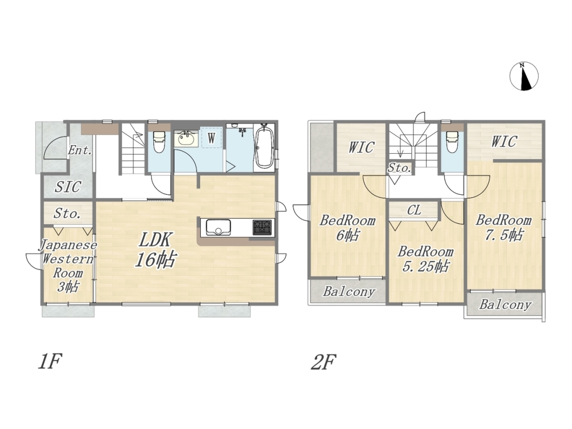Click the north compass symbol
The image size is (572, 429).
pyautogui.click(x=524, y=76)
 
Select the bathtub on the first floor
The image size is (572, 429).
pyautogui.click(x=263, y=146)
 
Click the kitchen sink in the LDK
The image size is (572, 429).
pyautogui.click(x=218, y=228)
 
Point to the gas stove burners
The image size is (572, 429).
pyautogui.click(x=262, y=227)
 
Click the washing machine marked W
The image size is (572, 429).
pyautogui.click(x=211, y=138)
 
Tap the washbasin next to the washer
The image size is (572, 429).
pyautogui.click(x=186, y=138)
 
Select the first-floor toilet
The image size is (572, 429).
pyautogui.click(x=159, y=141)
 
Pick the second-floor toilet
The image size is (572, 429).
pyautogui.click(x=452, y=141)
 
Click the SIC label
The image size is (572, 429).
pyautogui.click(x=68, y=187)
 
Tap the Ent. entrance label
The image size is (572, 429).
pyautogui.click(x=80, y=150)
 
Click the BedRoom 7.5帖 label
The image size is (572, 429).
pyautogui.click(x=504, y=227)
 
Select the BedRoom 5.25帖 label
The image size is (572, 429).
pyautogui.click(x=426, y=259)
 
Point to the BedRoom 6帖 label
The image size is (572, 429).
pyautogui.click(x=348, y=228)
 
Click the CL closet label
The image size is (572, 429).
pyautogui.click(x=414, y=210)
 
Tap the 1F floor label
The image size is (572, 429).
pyautogui.click(x=49, y=362)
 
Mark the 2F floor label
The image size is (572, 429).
pyautogui.click(x=323, y=362)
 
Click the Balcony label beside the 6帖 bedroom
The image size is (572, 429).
pyautogui.click(x=349, y=291)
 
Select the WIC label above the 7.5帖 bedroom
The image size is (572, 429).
pyautogui.click(x=504, y=141)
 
